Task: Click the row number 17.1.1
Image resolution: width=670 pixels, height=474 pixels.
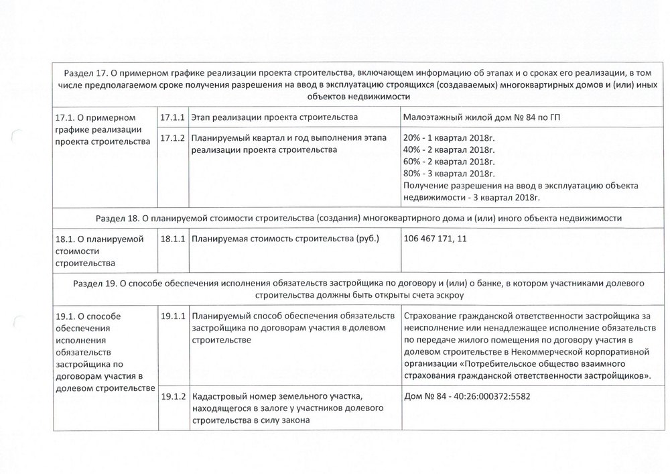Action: pos(174,118)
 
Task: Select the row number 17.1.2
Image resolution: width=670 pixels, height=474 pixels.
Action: pos(174,138)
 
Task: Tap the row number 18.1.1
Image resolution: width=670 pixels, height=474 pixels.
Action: pos(174,239)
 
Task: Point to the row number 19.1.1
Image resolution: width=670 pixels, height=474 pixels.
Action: pos(174,315)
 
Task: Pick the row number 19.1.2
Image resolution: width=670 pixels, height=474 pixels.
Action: pos(174,396)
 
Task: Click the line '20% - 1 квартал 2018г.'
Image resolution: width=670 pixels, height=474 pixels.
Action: pos(453,138)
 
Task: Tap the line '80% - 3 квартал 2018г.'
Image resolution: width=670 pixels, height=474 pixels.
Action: pos(453,174)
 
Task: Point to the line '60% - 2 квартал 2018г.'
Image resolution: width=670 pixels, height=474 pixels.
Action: pos(453,162)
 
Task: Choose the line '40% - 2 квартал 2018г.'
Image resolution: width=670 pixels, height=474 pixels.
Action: pos(453,150)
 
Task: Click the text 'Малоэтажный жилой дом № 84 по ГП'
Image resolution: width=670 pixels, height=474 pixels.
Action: pos(482,118)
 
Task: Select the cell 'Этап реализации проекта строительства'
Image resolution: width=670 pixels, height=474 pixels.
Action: pos(274,118)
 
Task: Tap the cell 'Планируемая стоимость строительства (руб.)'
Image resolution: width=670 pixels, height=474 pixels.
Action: pos(285,239)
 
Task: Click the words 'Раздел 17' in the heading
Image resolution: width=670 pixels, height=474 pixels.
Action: pos(84,72)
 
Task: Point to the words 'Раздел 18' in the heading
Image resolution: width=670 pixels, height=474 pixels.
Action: pos(118,218)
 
